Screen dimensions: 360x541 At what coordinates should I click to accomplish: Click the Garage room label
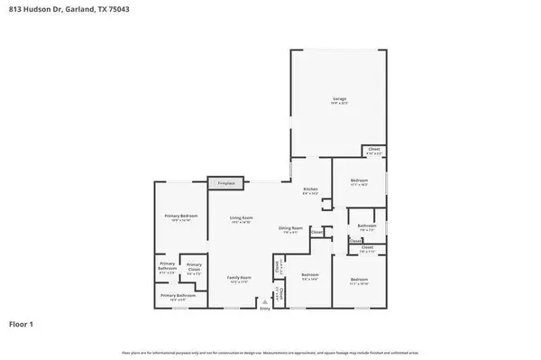(340, 98)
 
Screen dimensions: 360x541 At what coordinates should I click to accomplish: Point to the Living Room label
(241, 217)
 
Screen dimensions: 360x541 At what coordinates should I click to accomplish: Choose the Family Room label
(239, 277)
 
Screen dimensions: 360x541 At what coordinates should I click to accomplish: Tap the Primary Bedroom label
(180, 217)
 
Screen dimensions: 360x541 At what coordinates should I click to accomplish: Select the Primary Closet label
(194, 265)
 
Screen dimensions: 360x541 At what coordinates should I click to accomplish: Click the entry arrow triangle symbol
(265, 301)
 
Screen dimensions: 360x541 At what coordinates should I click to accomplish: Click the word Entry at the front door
(265, 309)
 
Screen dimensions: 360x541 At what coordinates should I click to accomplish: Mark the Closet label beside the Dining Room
(317, 233)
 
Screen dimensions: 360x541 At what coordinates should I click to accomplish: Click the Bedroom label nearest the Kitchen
(358, 180)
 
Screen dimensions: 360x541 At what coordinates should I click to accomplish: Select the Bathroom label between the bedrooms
(366, 226)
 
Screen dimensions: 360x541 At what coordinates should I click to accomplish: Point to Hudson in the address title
(37, 8)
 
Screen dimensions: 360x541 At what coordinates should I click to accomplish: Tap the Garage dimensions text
(340, 104)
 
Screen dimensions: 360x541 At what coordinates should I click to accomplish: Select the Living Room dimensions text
(241, 222)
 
